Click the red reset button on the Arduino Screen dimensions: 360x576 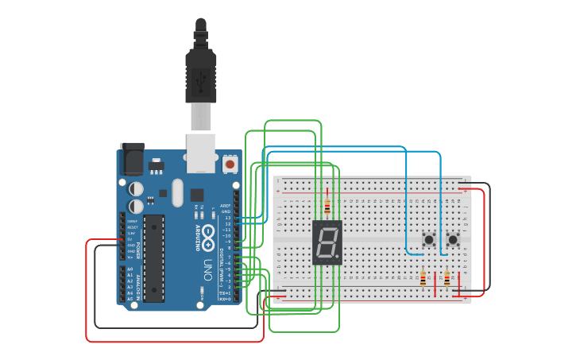point(230,165)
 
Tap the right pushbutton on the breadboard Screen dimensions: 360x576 point(453,239)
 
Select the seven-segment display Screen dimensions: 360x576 point(327,242)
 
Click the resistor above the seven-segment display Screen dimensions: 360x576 point(327,206)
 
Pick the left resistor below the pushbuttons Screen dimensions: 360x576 point(423,278)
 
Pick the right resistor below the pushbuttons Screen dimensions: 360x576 point(446,278)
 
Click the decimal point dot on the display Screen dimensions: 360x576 point(337,257)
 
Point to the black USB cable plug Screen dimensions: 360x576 point(200,75)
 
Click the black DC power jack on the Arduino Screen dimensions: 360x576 point(131,159)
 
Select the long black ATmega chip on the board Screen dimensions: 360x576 point(154,257)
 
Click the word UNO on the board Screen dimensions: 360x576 point(207,269)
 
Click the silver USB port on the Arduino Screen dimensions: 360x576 point(200,152)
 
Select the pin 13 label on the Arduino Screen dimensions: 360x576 point(226,218)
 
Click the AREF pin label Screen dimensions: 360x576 point(226,206)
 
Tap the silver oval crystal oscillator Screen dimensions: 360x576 point(177,192)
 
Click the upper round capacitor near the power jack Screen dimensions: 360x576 point(136,189)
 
